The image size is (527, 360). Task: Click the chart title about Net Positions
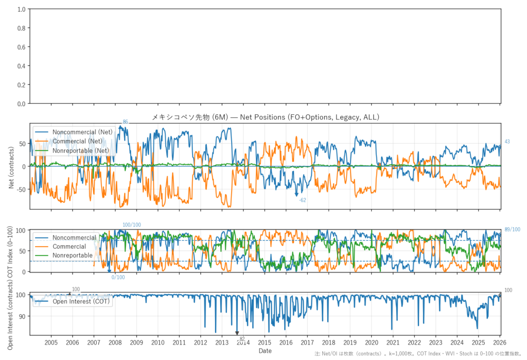(265, 117)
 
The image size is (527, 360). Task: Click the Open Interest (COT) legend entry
(81, 302)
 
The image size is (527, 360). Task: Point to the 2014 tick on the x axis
(243, 342)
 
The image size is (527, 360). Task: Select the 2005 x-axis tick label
(51, 342)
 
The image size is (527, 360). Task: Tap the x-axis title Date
(265, 351)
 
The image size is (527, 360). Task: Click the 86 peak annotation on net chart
(125, 122)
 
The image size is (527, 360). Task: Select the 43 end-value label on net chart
(507, 142)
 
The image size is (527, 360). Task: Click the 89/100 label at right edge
(512, 230)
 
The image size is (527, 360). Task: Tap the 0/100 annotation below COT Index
(118, 278)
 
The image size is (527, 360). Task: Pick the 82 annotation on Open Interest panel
(242, 338)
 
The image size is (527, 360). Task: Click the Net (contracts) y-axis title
(11, 166)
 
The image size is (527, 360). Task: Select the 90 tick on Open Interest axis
(24, 316)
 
